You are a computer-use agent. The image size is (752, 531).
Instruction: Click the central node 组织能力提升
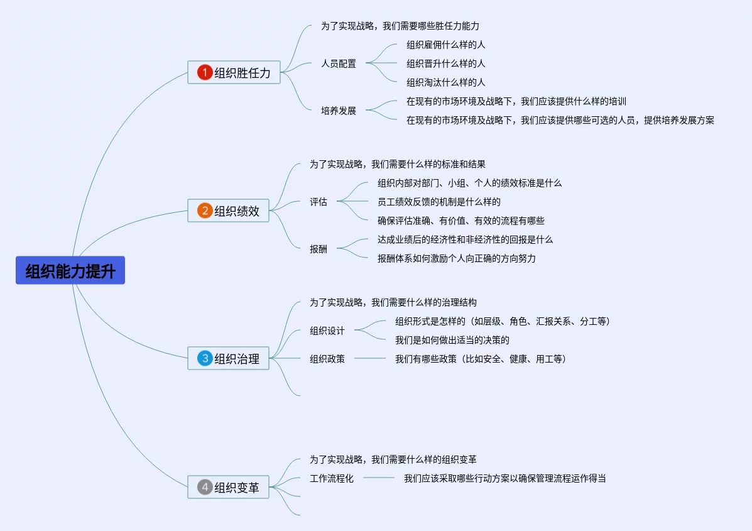click(70, 270)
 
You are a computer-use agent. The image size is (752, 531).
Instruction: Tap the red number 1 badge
click(205, 72)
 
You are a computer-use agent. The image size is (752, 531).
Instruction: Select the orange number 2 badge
click(205, 211)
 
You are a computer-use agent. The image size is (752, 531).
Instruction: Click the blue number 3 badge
click(205, 358)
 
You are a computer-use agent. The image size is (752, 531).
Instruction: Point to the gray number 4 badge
click(205, 487)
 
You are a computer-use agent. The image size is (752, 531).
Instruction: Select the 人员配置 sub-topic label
click(339, 63)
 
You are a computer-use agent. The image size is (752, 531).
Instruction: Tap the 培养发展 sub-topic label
click(339, 111)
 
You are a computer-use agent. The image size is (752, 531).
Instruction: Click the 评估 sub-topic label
click(319, 202)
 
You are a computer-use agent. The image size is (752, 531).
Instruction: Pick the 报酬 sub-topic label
click(319, 249)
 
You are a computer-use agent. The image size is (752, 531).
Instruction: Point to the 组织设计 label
click(327, 331)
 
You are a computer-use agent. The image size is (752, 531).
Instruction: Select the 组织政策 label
click(327, 359)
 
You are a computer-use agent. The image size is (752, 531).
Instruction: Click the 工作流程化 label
click(332, 478)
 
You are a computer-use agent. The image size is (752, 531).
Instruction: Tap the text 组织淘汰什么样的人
click(446, 82)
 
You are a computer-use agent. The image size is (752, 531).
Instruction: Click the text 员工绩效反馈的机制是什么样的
click(439, 202)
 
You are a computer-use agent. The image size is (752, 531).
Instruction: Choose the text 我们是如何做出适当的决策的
click(452, 340)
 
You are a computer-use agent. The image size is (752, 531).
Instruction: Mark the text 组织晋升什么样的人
click(446, 63)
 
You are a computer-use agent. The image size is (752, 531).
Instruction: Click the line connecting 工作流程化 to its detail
click(379, 478)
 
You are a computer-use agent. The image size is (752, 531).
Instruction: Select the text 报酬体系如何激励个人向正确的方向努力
click(457, 258)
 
